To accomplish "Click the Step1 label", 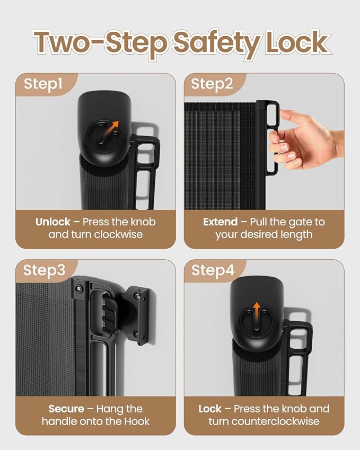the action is [43, 84].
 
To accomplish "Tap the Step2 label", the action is [212, 84].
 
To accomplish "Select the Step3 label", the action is [45, 270].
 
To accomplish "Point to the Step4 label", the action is [213, 270].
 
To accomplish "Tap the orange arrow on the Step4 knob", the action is [257, 312].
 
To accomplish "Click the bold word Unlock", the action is [53, 222].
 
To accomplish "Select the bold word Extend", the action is [220, 222].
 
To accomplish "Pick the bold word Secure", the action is [66, 409].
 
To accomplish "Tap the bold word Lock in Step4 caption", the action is [210, 409].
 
